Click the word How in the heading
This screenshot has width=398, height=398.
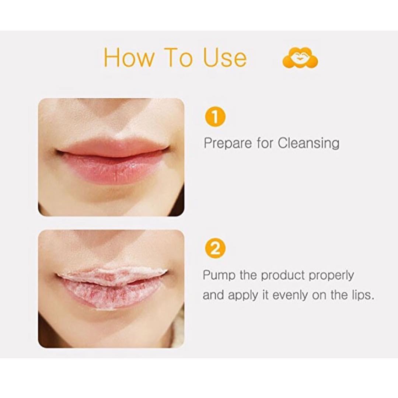(x=129, y=57)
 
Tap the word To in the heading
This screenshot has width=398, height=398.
(x=178, y=57)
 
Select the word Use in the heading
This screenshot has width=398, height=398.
(x=225, y=57)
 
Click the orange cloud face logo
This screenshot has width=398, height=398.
(x=300, y=57)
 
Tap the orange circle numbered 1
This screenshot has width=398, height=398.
(x=215, y=118)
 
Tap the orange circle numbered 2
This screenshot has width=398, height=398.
(x=215, y=249)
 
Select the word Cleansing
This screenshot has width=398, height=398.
(x=308, y=144)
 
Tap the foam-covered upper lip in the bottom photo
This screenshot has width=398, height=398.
(x=112, y=275)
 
